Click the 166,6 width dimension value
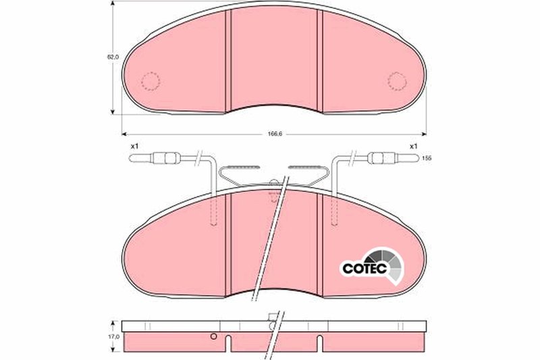274,134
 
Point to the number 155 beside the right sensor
426,158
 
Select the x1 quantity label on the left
134,145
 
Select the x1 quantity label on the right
413,145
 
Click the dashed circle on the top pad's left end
150,81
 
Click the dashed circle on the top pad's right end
398,81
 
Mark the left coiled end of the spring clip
236,167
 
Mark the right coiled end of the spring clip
306,167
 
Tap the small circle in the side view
213,337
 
